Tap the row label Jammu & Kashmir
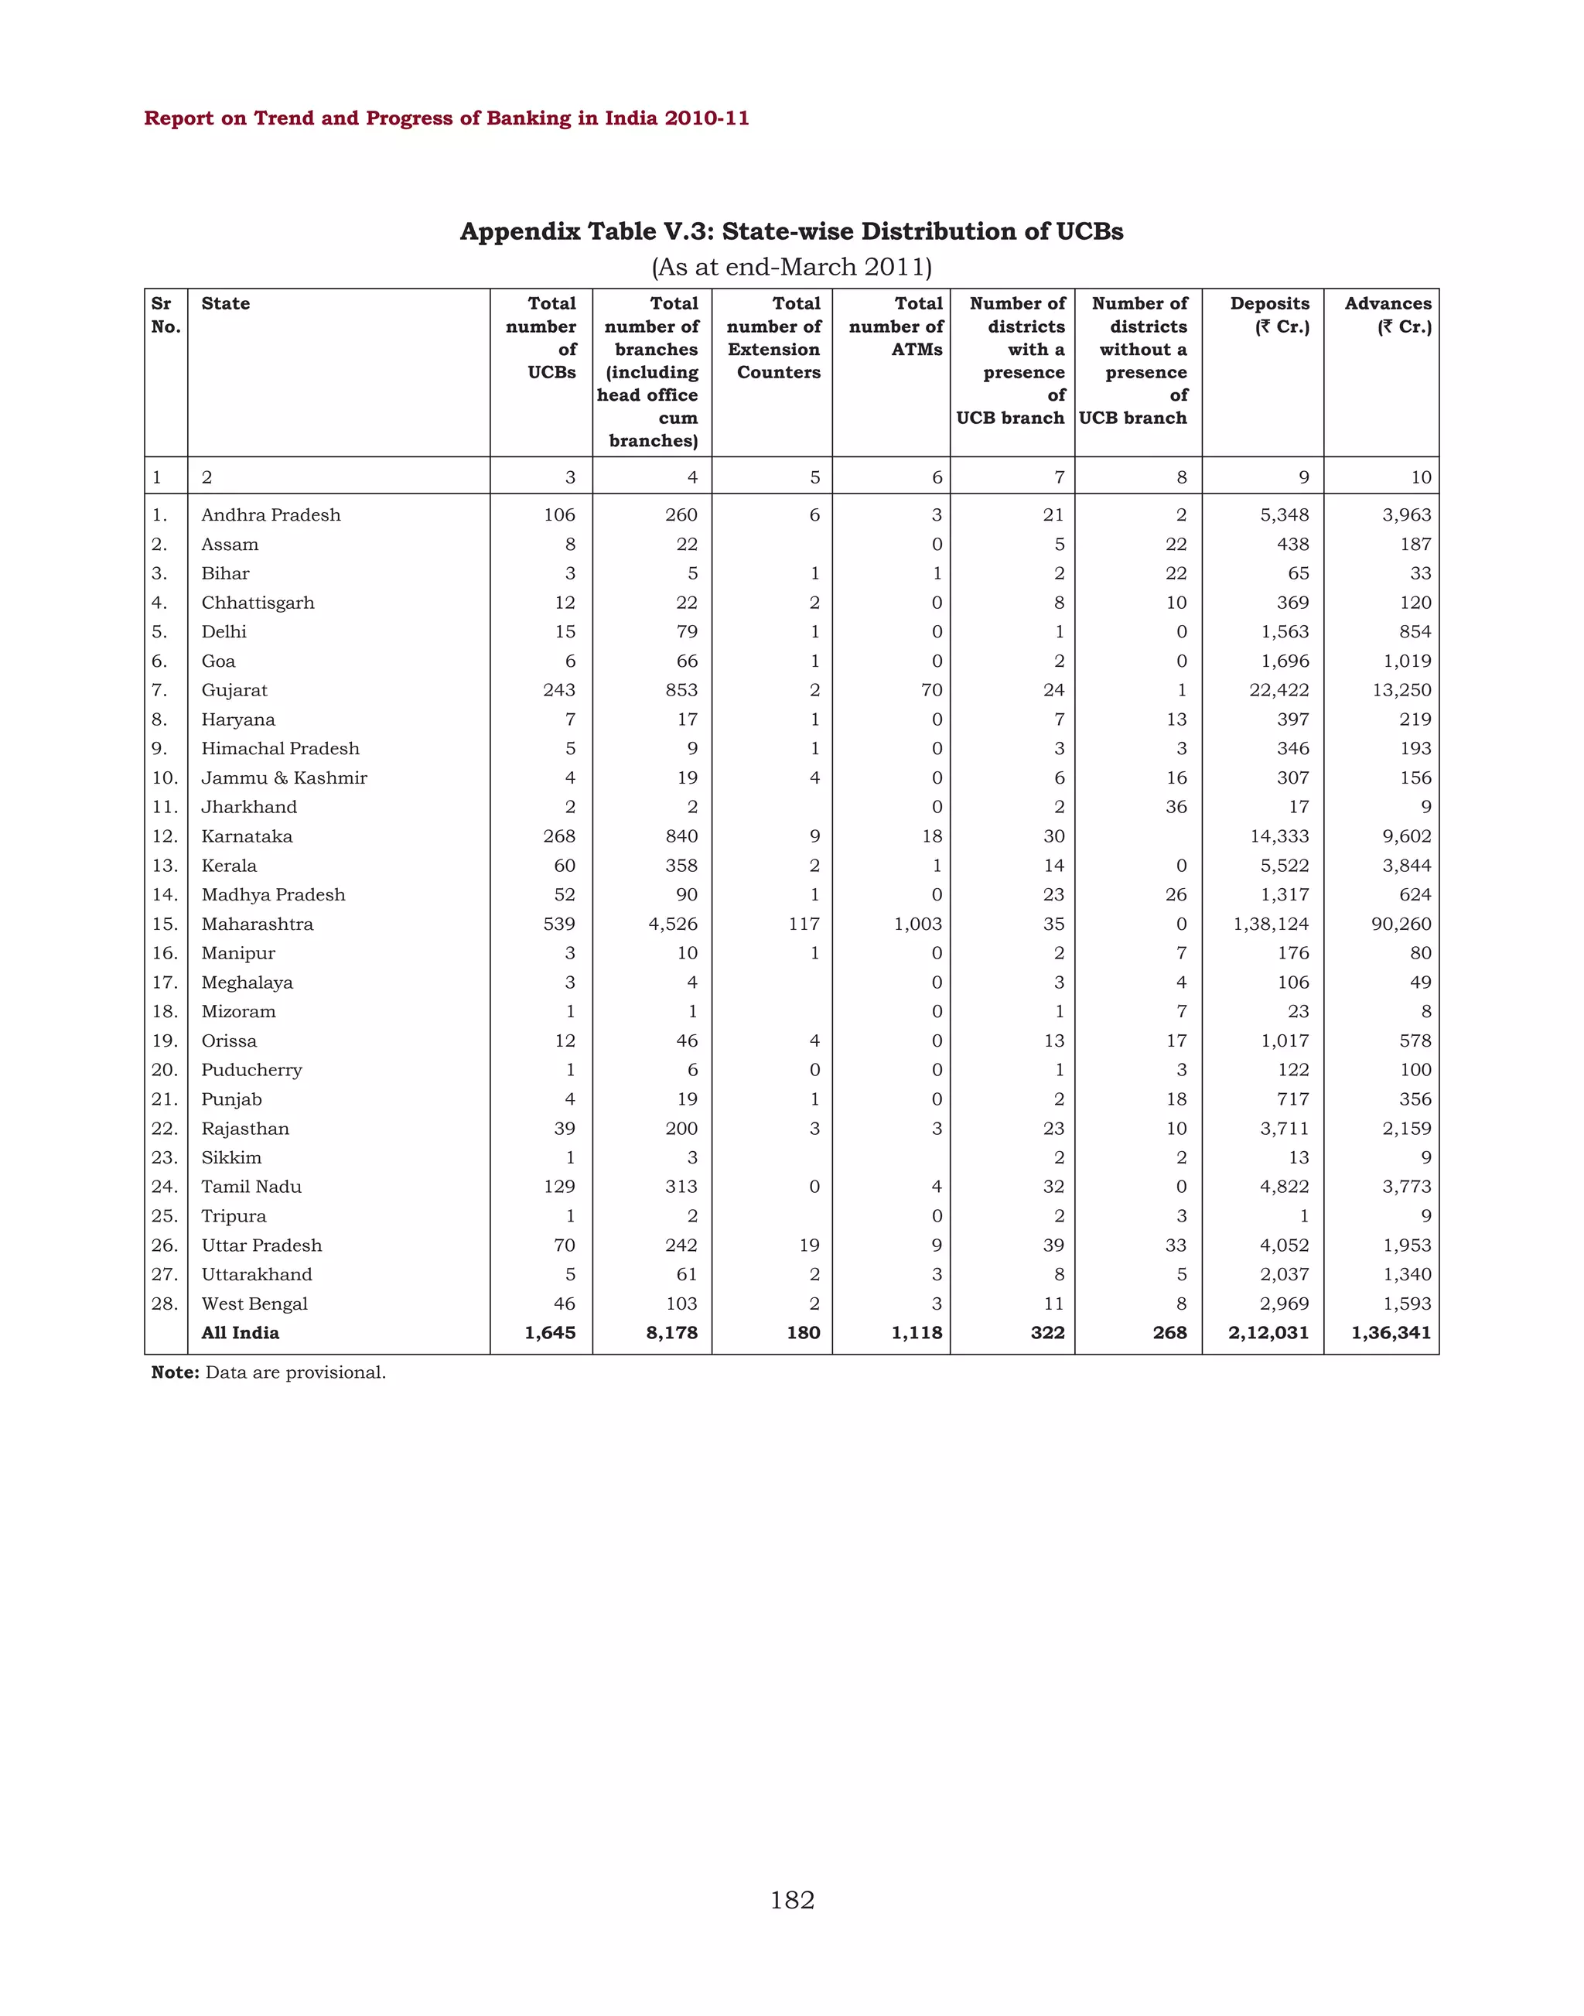(x=284, y=777)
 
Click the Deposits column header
(x=1270, y=315)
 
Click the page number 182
(x=792, y=1900)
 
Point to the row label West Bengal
(x=254, y=1304)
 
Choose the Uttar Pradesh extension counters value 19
(x=809, y=1245)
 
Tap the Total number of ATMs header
(x=896, y=326)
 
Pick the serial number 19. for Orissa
(x=164, y=1041)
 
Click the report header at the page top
(x=446, y=118)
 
